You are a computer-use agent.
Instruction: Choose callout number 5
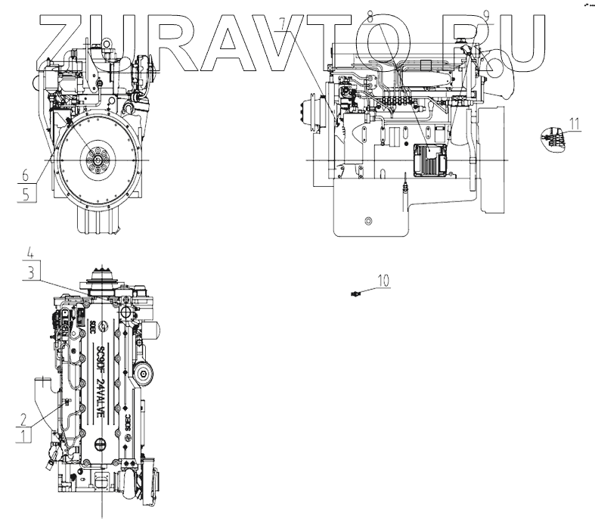click(26, 193)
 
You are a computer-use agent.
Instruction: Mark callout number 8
click(369, 15)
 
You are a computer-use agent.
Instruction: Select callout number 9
click(485, 15)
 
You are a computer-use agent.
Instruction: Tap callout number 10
click(384, 281)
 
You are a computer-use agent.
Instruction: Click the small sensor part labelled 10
click(355, 294)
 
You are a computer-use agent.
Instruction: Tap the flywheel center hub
click(98, 160)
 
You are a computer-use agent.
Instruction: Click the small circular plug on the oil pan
click(368, 221)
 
